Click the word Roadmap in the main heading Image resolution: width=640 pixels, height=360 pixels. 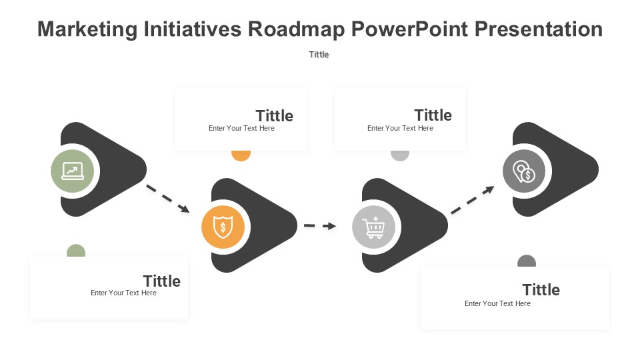(296, 29)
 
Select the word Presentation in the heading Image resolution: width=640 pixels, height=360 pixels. (539, 29)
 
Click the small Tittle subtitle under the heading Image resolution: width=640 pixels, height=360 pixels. (319, 54)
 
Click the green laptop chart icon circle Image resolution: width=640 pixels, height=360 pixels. (72, 171)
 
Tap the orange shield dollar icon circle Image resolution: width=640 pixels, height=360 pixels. (223, 227)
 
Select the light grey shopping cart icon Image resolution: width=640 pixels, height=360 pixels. (373, 227)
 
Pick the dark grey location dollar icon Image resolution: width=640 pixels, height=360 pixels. (524, 171)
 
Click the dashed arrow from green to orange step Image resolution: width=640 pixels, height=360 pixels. (168, 199)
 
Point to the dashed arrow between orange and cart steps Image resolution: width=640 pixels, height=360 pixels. (320, 226)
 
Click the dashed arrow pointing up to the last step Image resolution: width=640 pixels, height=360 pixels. (473, 199)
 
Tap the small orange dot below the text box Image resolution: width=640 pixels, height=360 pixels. (241, 155)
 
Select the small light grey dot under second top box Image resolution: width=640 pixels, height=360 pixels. (400, 155)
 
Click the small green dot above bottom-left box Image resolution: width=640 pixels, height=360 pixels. (76, 251)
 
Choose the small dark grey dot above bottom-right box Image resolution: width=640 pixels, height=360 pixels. (527, 261)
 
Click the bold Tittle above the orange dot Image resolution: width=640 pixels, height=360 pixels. (274, 116)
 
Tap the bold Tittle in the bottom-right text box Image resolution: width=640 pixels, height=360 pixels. (541, 290)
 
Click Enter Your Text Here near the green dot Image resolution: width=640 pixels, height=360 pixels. (124, 293)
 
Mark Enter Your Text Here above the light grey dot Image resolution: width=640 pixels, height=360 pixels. (400, 128)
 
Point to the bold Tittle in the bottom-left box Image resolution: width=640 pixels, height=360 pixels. (161, 281)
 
